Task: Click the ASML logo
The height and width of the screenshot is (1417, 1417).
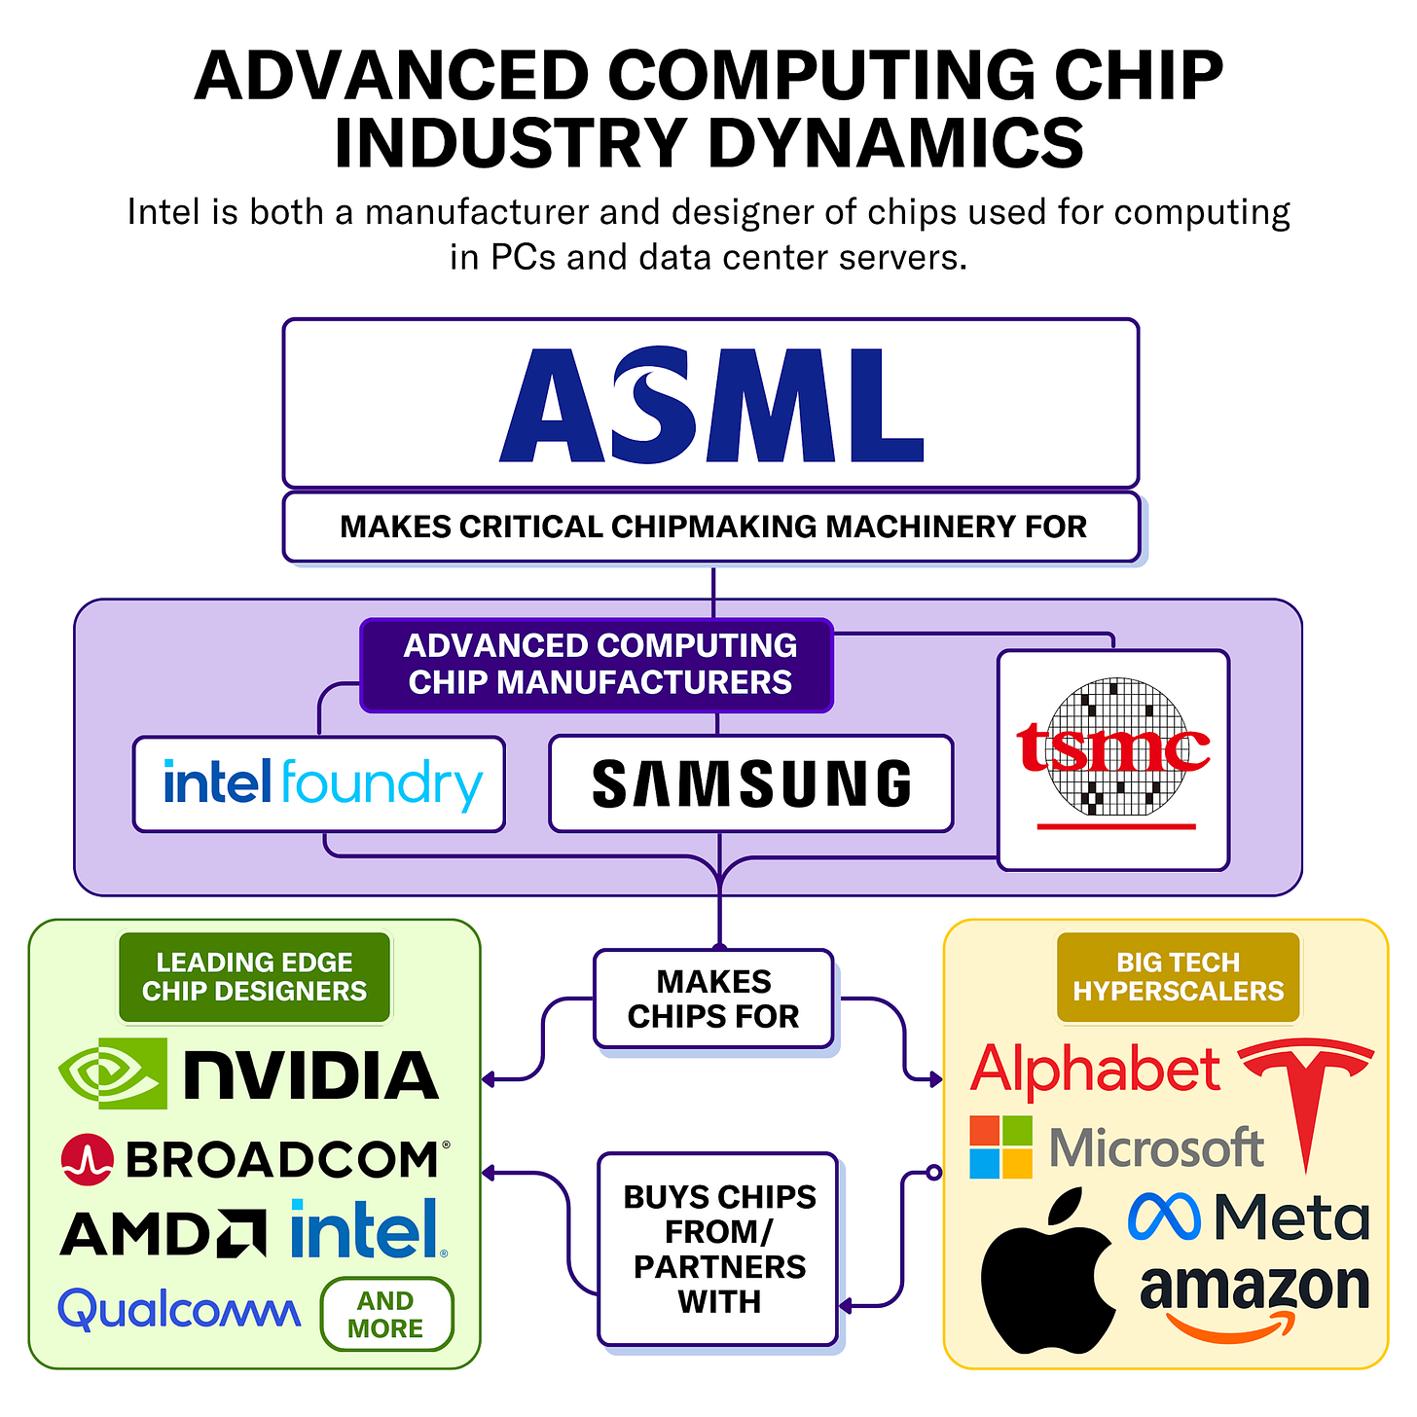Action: (711, 404)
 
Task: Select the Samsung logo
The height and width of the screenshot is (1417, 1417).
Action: (751, 784)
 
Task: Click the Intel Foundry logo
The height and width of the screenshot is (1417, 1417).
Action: (321, 784)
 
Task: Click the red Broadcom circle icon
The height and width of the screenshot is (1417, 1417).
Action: (87, 1159)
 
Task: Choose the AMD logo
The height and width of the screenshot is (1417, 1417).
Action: (163, 1233)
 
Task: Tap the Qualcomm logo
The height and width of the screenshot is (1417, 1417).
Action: (179, 1310)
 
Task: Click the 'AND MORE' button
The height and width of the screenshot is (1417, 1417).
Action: (386, 1315)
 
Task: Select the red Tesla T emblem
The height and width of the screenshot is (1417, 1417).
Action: (1305, 1095)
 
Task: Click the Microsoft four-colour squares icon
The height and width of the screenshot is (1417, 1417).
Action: (1000, 1147)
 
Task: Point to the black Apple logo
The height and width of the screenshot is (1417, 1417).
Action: (1048, 1273)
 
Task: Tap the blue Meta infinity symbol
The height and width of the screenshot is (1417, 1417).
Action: (1164, 1217)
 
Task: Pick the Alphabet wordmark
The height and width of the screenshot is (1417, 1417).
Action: (1095, 1071)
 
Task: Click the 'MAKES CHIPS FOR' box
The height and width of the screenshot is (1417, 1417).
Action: (713, 999)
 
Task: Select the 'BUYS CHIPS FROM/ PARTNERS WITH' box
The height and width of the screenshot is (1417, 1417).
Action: (718, 1249)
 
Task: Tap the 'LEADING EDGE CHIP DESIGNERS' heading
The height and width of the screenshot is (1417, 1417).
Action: (254, 977)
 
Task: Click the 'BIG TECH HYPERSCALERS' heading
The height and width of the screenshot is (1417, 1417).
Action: (1178, 977)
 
